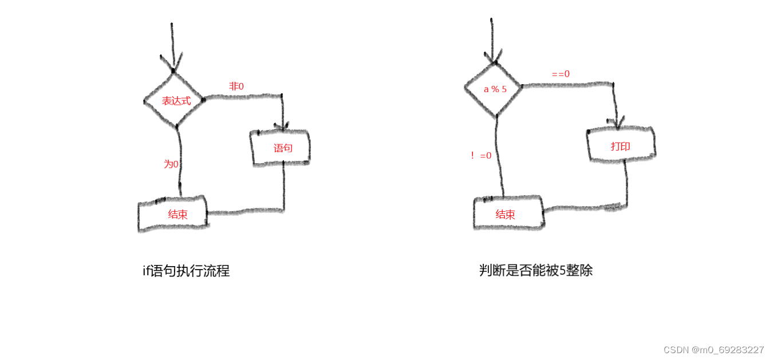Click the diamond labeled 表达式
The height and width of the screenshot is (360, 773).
click(175, 100)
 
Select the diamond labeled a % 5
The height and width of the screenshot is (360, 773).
click(493, 89)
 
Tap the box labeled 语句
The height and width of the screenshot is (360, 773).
click(281, 148)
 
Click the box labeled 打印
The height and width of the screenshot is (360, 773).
click(621, 146)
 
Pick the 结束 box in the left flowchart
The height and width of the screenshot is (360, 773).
click(173, 215)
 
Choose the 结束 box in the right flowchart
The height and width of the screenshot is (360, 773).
click(507, 214)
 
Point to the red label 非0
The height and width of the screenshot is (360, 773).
click(236, 86)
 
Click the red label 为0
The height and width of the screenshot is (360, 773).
click(171, 164)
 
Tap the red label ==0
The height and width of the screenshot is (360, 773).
click(561, 74)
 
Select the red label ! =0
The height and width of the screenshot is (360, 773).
click(481, 155)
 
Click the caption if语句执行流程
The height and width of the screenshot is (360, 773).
click(186, 271)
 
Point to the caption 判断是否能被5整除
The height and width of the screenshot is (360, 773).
click(535, 270)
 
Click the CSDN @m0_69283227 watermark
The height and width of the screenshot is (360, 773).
click(713, 350)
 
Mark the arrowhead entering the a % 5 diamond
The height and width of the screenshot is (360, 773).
click(492, 58)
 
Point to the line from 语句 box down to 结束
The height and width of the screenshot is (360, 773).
click(284, 189)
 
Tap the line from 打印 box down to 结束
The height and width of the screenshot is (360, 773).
click(626, 183)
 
